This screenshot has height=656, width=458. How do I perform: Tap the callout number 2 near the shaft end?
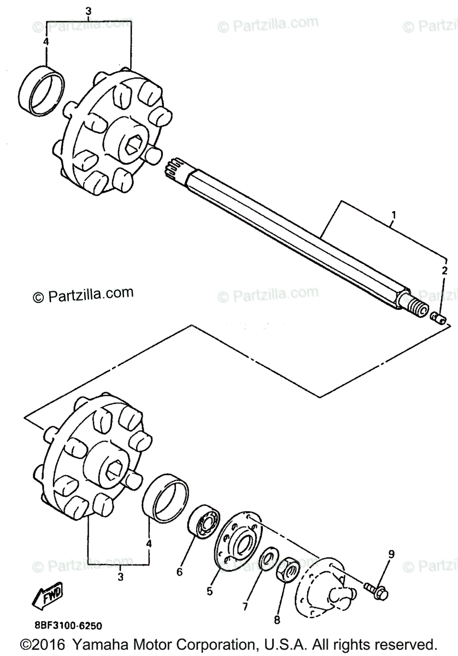coord(444,271)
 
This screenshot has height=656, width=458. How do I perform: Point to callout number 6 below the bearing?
coord(179,572)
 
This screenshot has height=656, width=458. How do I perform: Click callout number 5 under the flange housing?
coord(209,590)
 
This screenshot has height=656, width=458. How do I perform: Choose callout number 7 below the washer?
coord(245,606)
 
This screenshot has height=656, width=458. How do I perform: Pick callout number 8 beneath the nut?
coord(277,620)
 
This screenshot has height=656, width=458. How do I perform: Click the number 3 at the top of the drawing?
coord(89,10)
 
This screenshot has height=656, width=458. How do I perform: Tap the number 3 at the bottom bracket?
coord(120,576)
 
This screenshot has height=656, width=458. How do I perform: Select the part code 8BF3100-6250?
coord(63,625)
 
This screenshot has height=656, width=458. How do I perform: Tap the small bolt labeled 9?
coord(376,589)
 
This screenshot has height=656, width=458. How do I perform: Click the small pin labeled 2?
coord(439,317)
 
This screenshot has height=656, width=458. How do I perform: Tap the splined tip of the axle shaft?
coord(175,167)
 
